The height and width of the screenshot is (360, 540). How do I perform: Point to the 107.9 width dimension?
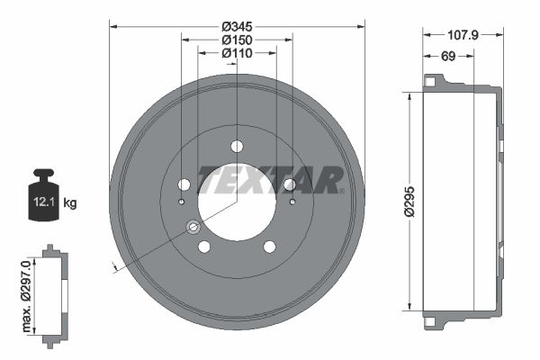pyautogui.click(x=463, y=35)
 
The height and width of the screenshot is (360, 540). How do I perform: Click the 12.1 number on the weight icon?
pyautogui.click(x=43, y=202)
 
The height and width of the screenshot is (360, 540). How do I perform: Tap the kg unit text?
pyautogui.click(x=70, y=203)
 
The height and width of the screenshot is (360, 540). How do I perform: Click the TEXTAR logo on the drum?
pyautogui.click(x=271, y=180)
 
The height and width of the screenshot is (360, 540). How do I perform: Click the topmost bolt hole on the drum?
pyautogui.click(x=237, y=146)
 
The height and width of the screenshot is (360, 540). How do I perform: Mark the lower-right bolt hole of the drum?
pyautogui.click(x=269, y=247)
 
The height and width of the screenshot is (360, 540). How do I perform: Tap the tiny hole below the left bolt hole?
pyautogui.click(x=181, y=202)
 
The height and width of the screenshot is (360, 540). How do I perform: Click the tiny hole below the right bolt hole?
pyautogui.click(x=292, y=202)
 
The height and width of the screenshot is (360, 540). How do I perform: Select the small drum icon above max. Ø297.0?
pyautogui.click(x=54, y=292)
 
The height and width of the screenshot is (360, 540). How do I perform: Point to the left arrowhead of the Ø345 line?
pyautogui.click(x=112, y=26)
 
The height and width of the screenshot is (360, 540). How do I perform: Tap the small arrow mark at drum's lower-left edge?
pyautogui.click(x=113, y=266)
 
